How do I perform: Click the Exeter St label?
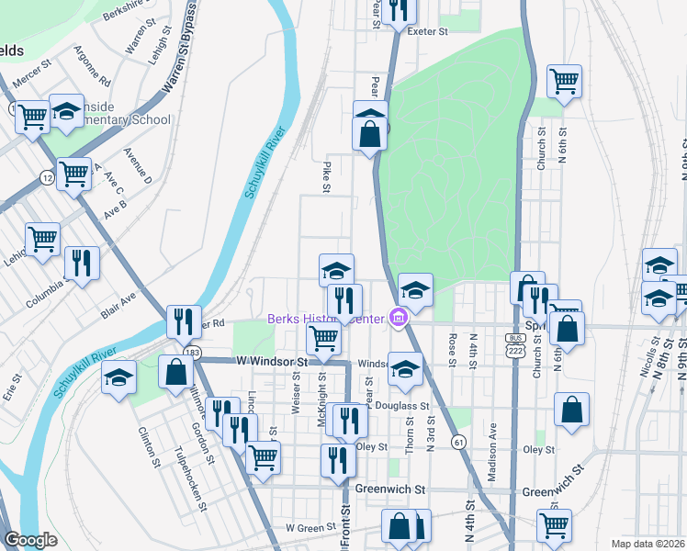click(x=427, y=31)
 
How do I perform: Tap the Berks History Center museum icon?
click(x=398, y=319)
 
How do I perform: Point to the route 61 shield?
click(x=456, y=443)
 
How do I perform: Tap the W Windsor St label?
click(x=270, y=364)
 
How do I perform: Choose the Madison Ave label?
click(x=492, y=443)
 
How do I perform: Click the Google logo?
click(x=30, y=540)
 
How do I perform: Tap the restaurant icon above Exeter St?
click(x=398, y=10)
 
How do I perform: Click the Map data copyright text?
click(x=647, y=543)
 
